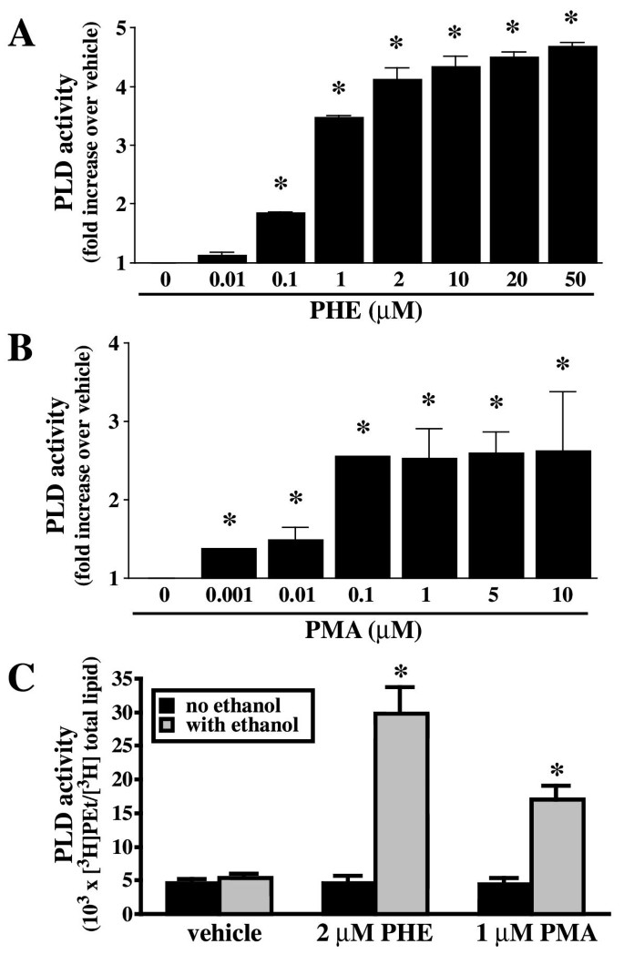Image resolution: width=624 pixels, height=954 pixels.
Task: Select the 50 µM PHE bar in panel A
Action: (x=571, y=155)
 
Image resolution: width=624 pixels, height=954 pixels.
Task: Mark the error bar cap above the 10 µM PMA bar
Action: (x=562, y=392)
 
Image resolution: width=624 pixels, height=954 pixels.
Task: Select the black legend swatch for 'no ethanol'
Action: (x=165, y=705)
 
